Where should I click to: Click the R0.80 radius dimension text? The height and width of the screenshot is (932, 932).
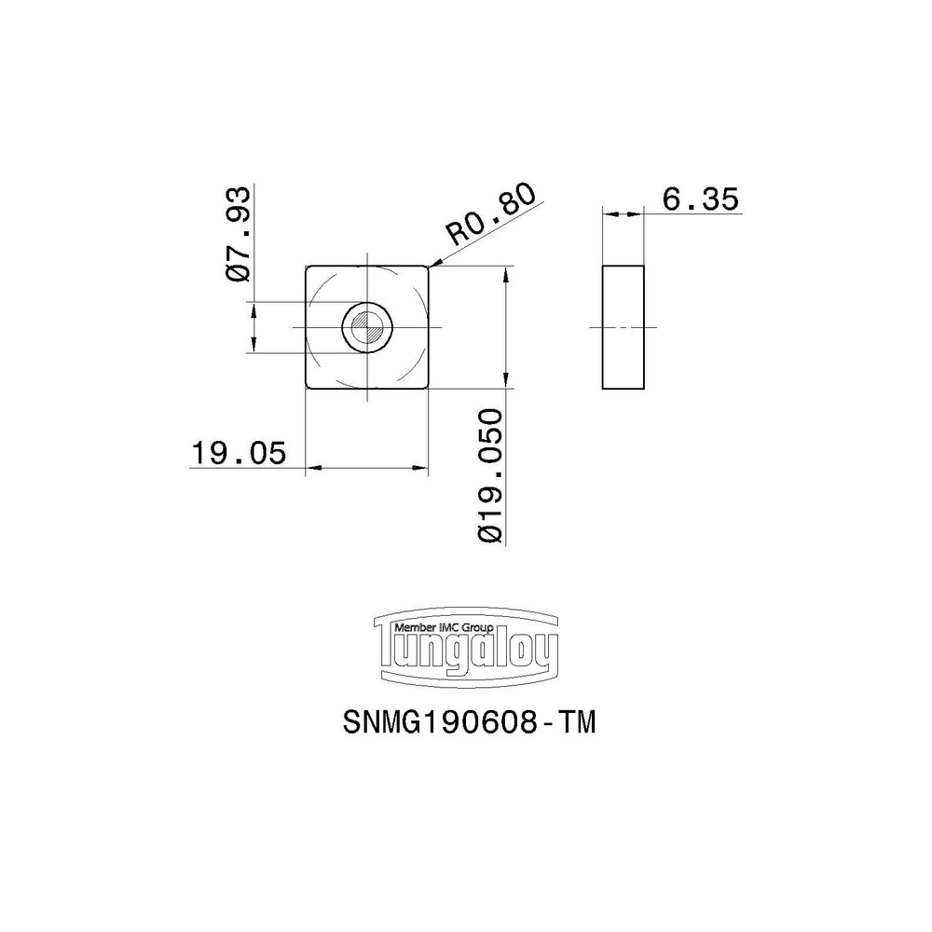point(491,215)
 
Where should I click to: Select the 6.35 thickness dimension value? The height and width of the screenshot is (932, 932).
point(699,199)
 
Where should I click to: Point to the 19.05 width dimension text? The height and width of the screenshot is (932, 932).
point(237,454)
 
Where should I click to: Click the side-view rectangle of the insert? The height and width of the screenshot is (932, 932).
point(624,327)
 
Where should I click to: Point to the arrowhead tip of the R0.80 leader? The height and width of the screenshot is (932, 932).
point(430,267)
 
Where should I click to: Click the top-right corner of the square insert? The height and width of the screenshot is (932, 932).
point(429,267)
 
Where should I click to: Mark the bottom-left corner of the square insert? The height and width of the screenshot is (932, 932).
point(308,388)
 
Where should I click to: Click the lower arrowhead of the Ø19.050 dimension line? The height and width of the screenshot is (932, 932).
point(505,382)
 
